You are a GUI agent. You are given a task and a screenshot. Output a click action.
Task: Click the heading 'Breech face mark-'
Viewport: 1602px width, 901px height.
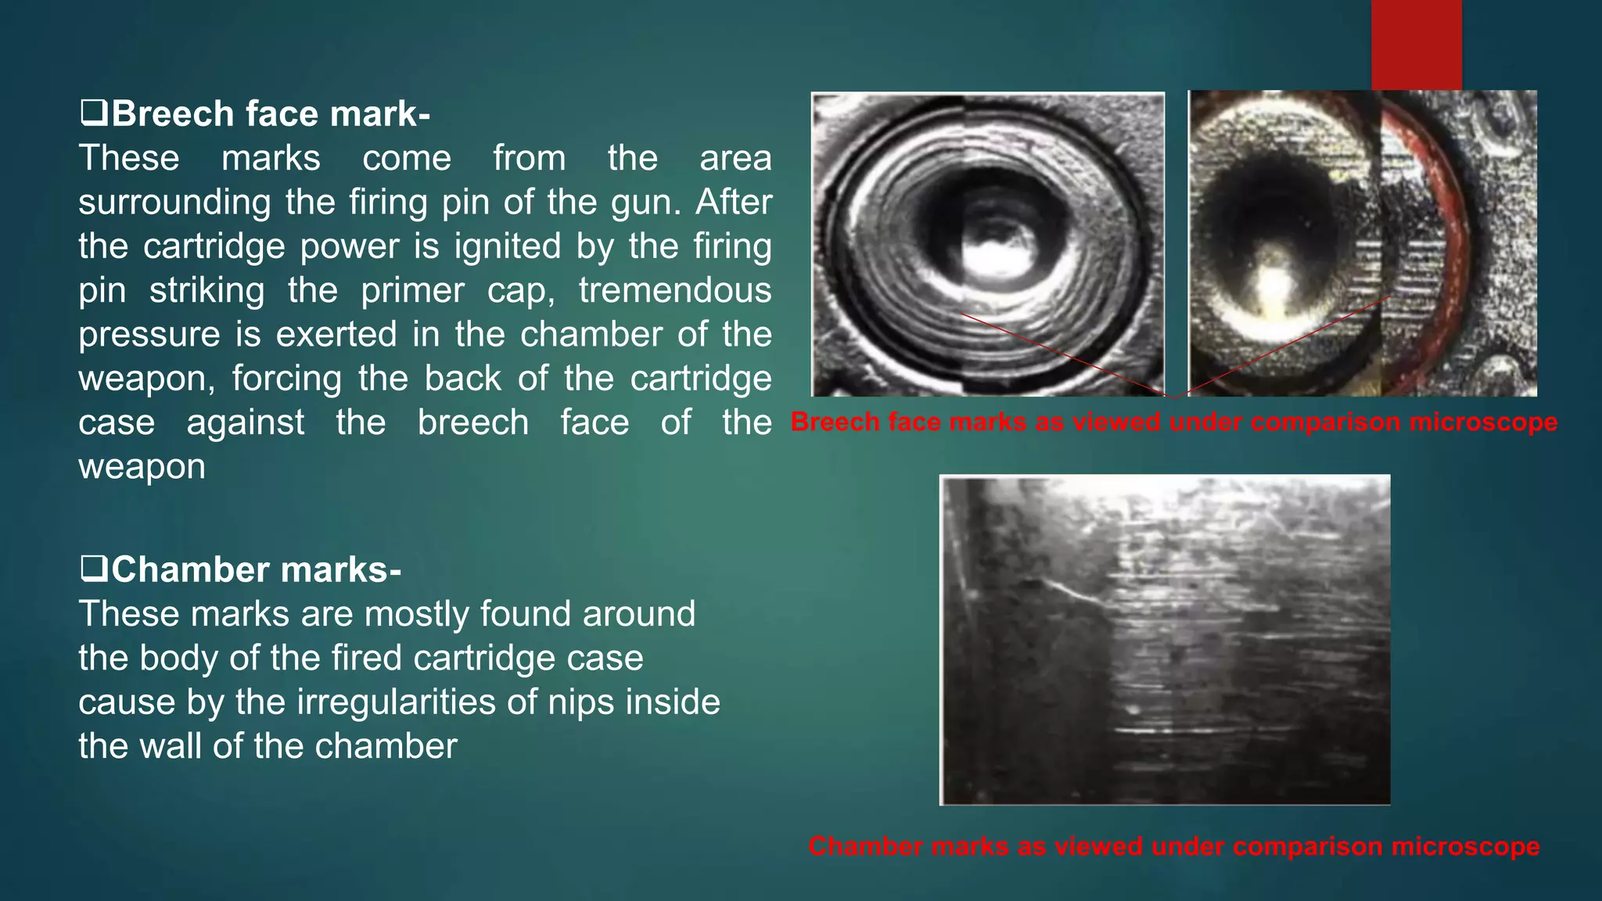(270, 114)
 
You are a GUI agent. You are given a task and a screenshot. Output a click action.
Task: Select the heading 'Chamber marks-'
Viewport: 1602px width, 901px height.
(256, 570)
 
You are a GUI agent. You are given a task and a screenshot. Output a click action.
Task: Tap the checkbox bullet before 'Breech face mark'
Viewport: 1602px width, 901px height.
(93, 114)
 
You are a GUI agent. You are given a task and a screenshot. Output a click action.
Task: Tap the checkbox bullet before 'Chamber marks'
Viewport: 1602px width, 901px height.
(93, 569)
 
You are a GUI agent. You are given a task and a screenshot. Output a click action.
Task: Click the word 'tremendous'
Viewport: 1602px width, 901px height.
(675, 291)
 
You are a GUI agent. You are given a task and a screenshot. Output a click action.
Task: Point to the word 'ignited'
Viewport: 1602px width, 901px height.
(508, 247)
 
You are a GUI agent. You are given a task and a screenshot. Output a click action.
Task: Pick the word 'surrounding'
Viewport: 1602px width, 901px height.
(174, 203)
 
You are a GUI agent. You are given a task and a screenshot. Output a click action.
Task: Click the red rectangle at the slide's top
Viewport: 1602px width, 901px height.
(1416, 44)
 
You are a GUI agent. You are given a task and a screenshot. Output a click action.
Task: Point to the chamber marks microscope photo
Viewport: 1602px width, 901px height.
(1165, 639)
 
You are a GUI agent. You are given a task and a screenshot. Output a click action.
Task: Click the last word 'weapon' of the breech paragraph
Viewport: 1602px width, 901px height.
(142, 468)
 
